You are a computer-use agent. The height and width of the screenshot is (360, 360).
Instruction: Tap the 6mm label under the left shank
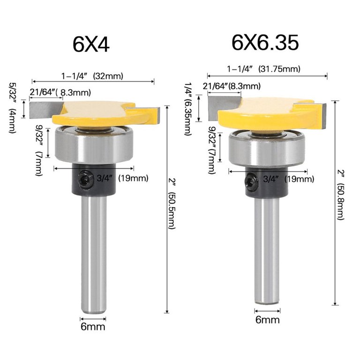(x=93, y=326)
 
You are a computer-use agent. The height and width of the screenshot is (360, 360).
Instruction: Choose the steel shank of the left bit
(x=93, y=253)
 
